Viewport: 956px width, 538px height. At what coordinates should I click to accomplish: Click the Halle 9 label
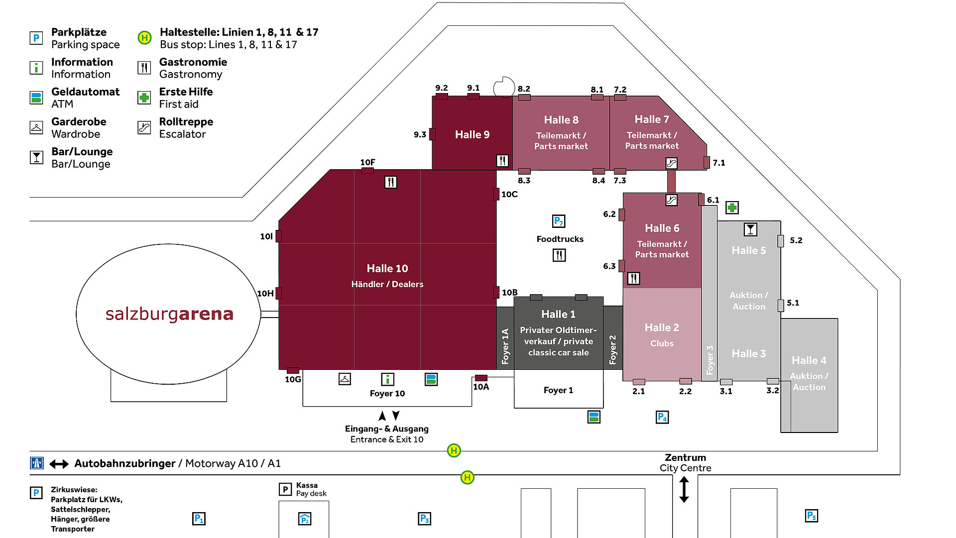[472, 134]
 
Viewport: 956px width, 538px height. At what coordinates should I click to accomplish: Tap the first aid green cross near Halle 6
[732, 208]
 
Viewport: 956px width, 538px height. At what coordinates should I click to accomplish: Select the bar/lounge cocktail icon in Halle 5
[750, 229]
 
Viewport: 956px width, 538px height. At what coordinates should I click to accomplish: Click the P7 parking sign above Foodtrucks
[559, 221]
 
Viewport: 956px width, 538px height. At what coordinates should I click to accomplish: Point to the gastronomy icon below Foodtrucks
[559, 255]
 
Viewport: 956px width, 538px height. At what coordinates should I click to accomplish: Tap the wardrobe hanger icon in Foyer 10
[345, 379]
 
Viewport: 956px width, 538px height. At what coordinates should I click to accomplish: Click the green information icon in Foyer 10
[387, 379]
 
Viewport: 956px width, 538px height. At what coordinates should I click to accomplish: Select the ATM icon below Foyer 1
[594, 417]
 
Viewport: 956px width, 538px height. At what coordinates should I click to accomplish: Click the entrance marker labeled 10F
[367, 171]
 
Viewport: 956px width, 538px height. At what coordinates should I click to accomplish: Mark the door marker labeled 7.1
[707, 162]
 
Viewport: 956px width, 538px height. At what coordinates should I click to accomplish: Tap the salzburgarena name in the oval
[169, 314]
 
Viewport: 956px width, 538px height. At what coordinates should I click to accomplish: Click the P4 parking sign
[662, 417]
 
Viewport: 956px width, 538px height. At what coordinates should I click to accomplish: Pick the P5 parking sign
[812, 516]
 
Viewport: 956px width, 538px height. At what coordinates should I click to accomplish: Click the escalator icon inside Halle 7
[671, 163]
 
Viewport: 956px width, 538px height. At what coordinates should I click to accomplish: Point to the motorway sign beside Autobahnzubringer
[37, 463]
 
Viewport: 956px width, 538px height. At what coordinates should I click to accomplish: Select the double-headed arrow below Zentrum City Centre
[684, 489]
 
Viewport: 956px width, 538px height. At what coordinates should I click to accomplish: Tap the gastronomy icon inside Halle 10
[391, 182]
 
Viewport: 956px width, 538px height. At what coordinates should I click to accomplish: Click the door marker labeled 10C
[496, 194]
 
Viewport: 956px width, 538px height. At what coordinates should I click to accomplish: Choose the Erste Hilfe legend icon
[144, 98]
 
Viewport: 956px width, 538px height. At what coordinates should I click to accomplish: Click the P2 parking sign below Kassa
[305, 519]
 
